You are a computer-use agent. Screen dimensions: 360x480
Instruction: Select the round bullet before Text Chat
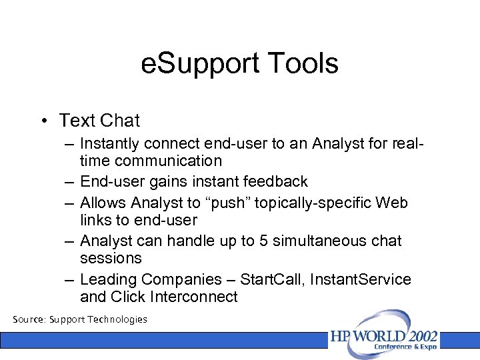42,121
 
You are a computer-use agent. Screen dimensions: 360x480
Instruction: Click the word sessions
111,258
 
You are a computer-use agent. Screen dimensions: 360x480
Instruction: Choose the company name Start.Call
270,279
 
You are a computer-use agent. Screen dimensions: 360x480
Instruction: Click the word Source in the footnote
29,319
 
